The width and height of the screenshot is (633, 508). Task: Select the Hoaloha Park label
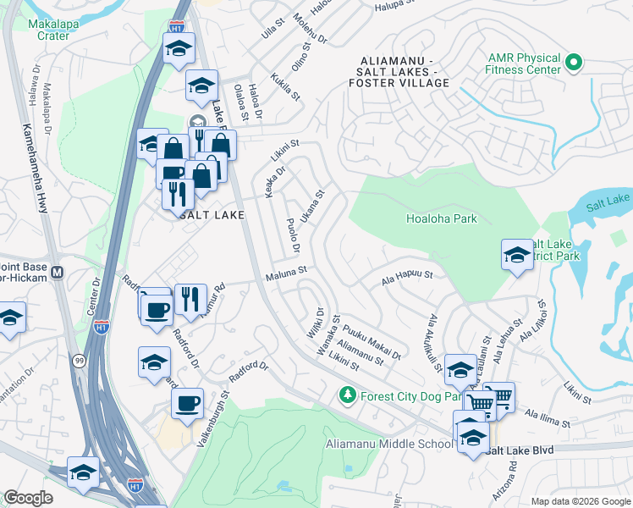(442, 218)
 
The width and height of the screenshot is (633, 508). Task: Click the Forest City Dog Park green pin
(346, 395)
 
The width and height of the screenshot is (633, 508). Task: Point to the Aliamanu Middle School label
(389, 444)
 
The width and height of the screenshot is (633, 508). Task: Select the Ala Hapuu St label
(407, 276)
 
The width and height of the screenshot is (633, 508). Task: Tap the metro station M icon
(58, 273)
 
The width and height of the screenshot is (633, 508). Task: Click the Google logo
(29, 498)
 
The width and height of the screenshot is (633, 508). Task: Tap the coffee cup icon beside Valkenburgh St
(187, 403)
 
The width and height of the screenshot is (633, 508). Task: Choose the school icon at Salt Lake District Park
(516, 254)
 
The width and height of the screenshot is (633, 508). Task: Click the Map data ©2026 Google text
(580, 501)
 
